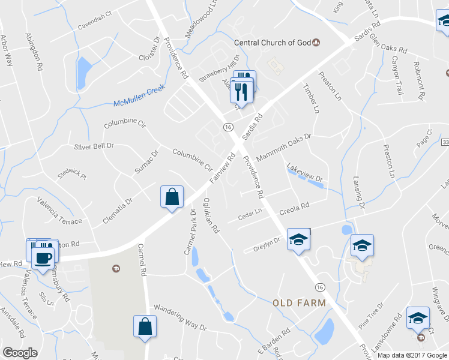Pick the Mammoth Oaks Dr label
pyautogui.click(x=283, y=147)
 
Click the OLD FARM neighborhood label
pyautogui.click(x=299, y=303)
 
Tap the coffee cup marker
pyautogui.click(x=42, y=258)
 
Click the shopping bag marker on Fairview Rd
pyautogui.click(x=172, y=197)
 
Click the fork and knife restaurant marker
pyautogui.click(x=241, y=91)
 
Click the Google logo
pyautogui.click(x=20, y=353)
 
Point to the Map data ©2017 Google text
pyautogui.click(x=412, y=355)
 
